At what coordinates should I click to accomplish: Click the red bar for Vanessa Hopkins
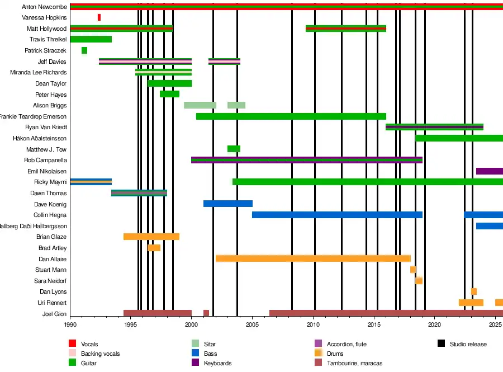[x=99, y=17]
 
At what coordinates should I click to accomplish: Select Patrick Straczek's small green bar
[x=84, y=50]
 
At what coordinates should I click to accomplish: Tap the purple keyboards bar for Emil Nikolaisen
[x=489, y=171]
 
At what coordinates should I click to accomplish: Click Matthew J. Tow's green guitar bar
[x=234, y=149]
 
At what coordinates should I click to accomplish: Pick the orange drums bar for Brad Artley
[x=154, y=248]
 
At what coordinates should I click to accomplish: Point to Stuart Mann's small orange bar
[x=412, y=270]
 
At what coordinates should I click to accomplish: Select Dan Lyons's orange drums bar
[x=474, y=291]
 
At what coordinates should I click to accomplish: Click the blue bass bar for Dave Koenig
[x=228, y=204]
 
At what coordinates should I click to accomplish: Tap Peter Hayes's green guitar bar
[x=169, y=94]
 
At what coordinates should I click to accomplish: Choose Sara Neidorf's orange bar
[x=419, y=281]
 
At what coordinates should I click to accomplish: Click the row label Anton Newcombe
[x=44, y=7]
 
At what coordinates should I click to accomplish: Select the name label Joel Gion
[x=54, y=314]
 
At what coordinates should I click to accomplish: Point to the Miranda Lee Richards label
[x=39, y=72]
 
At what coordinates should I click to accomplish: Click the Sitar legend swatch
[x=195, y=344]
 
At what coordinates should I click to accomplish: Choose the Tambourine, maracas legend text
[x=354, y=363]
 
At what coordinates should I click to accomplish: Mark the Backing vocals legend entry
[x=100, y=354]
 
